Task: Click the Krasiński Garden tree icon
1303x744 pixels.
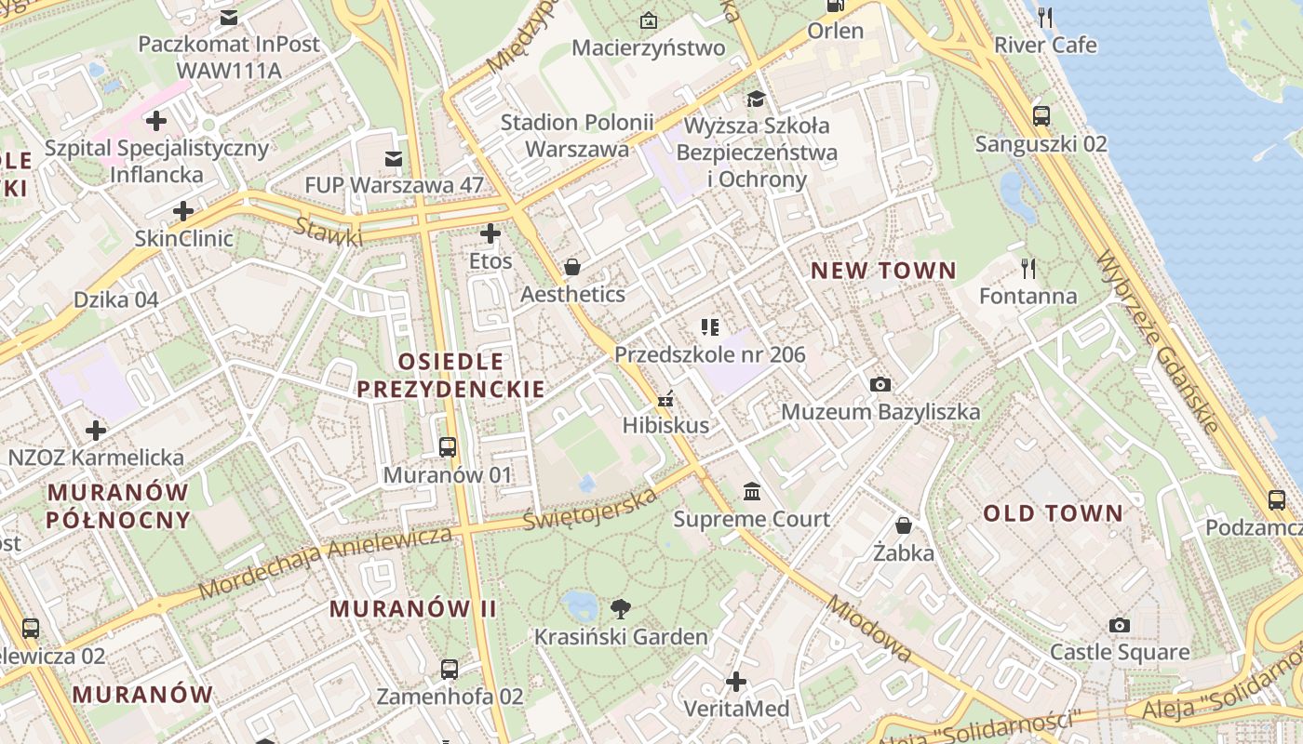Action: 620,609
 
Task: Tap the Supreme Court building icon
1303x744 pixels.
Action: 751,491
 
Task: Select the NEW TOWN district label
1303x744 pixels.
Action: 883,271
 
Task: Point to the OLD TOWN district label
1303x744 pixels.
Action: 1054,513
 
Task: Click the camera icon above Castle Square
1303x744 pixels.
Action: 1119,625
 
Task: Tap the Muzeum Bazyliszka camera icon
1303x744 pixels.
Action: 880,384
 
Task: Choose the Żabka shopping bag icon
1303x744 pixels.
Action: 903,525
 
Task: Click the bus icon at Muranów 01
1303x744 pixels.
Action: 448,447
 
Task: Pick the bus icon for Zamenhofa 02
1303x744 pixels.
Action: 450,669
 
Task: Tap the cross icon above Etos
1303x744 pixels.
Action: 490,233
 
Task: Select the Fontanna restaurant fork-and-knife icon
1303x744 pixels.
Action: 1028,269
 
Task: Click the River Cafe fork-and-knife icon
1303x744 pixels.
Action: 1045,17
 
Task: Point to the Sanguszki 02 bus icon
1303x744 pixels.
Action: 1041,116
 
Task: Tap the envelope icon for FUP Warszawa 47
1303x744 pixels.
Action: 394,158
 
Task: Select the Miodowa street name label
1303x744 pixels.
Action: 868,629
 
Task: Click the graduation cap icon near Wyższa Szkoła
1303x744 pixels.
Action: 756,99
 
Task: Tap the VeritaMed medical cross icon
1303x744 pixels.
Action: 736,683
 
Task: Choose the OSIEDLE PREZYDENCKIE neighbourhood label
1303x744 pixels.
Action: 450,375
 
